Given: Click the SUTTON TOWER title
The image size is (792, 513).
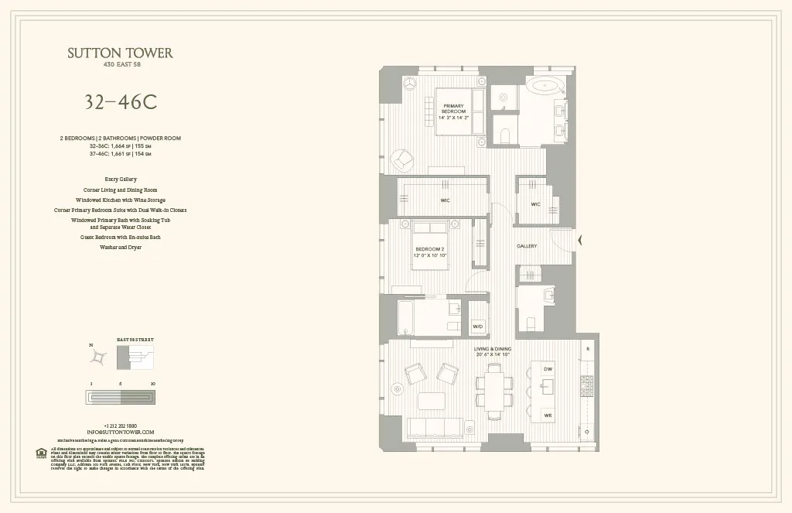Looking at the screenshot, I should coord(120,53).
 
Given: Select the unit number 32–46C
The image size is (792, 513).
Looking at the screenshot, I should coord(120,101).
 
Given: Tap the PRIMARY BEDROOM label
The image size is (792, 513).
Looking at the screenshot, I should coord(452,110).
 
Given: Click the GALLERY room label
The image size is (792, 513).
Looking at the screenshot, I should coord(527,246).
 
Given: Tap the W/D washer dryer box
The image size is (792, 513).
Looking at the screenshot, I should coord(478,327).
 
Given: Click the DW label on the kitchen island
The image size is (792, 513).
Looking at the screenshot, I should coord(548,369).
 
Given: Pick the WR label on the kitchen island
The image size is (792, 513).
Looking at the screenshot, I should coord(548,416).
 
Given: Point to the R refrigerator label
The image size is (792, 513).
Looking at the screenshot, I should coord(588,350).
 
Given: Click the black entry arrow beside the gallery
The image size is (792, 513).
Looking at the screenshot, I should coord(581,241).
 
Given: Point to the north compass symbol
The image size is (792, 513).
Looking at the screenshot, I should coord(98,357).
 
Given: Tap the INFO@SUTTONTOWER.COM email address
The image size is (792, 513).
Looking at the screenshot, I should coord(120,432).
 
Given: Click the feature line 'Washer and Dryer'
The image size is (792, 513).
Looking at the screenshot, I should coord(120,248).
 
